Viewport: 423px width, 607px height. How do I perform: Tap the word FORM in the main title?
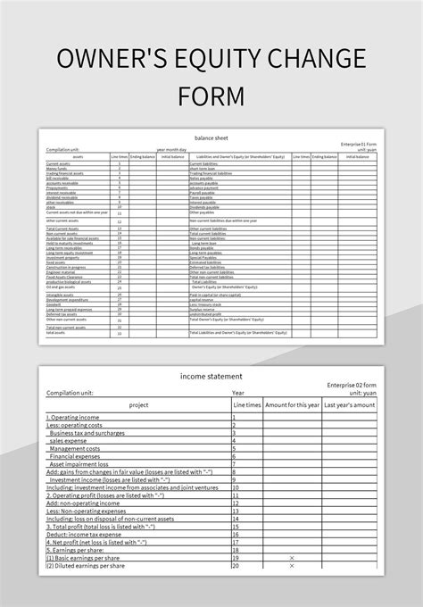[211, 95]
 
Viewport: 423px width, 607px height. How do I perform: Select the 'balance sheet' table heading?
[211, 137]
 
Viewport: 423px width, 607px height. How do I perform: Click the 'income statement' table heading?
[211, 376]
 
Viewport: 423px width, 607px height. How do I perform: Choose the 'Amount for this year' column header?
[292, 404]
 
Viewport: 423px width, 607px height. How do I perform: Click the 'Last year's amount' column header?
[349, 404]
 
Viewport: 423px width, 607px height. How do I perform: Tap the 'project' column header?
[138, 404]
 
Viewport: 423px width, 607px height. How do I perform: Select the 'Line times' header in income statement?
[247, 404]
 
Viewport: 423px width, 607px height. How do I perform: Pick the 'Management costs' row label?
[82, 448]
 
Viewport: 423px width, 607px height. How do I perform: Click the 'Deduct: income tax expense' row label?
[93, 534]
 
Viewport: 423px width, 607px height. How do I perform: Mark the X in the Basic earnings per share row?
[292, 558]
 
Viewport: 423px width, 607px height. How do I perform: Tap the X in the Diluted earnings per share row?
[292, 566]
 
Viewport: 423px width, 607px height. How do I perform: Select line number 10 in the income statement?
[236, 487]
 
